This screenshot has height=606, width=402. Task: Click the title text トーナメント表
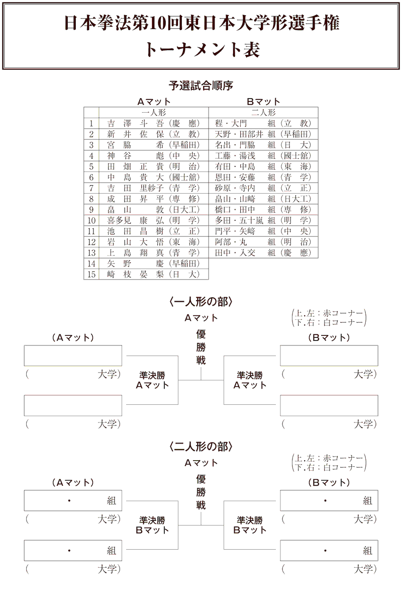point(201,49)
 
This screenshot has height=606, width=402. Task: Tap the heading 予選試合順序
point(201,85)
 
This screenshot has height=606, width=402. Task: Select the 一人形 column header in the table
point(154,112)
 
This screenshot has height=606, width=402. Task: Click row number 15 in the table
point(91,274)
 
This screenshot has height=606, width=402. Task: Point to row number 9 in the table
point(91,209)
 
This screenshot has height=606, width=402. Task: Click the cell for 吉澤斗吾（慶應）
point(154,123)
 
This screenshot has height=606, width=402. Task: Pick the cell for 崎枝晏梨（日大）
point(154,274)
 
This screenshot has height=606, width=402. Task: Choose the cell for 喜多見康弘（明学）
point(154,220)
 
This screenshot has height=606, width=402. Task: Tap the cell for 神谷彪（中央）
point(154,155)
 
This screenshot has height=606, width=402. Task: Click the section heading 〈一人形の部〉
point(201,302)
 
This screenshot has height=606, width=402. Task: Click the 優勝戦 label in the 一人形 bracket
point(201,347)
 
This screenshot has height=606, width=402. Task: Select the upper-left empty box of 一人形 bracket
point(73,356)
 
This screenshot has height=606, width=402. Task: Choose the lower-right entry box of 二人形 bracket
point(329,551)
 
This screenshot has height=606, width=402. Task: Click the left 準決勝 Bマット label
point(152,525)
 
